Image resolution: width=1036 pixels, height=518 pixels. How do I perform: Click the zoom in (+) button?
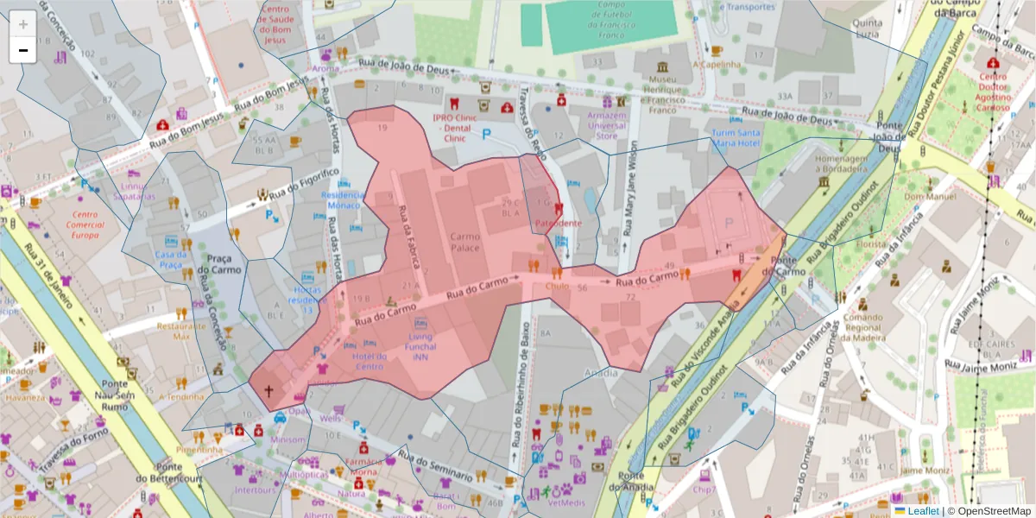coord(23,24)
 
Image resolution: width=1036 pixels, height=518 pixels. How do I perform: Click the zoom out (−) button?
coord(23,50)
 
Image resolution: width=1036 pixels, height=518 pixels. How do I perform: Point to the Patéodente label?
coord(559,223)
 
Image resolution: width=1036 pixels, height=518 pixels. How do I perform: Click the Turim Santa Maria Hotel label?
coord(736,138)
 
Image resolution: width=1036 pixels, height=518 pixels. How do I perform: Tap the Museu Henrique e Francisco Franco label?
coord(661,95)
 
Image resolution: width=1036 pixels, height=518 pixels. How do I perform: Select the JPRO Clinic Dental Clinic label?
coord(455,127)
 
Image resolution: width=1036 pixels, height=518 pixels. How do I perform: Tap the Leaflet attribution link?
coord(923,511)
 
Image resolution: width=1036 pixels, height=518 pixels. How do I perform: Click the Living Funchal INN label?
coord(420,346)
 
